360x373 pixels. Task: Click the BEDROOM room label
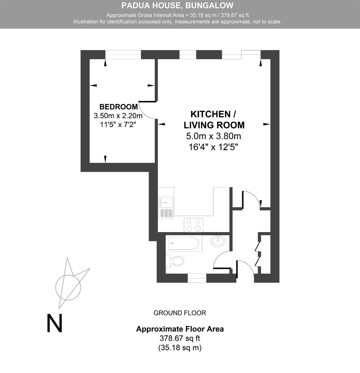pyautogui.click(x=119, y=107)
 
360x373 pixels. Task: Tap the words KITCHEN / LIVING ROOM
pyautogui.click(x=214, y=119)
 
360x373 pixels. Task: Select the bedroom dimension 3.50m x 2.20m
pyautogui.click(x=118, y=116)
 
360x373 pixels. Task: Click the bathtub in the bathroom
pyautogui.click(x=184, y=244)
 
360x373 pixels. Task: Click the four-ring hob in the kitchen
pyautogui.click(x=193, y=225)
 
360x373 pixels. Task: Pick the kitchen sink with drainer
pyautogui.click(x=166, y=208)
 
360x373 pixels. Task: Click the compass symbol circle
pyautogui.click(x=68, y=287)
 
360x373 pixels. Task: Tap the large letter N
pyautogui.click(x=55, y=323)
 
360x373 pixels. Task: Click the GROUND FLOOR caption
pyautogui.click(x=180, y=313)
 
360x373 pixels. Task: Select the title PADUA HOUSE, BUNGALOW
pyautogui.click(x=178, y=6)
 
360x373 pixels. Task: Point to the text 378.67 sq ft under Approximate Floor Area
pyautogui.click(x=180, y=338)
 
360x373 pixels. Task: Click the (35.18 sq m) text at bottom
pyautogui.click(x=180, y=347)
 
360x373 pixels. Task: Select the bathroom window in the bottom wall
pyautogui.click(x=197, y=278)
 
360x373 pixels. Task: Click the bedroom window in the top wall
pyautogui.click(x=123, y=55)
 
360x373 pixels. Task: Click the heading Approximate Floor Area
pyautogui.click(x=180, y=329)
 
